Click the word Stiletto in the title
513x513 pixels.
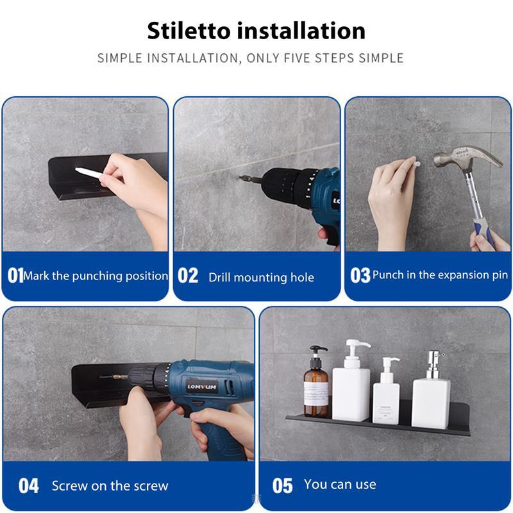(x=189, y=31)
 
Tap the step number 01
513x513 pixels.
(x=15, y=275)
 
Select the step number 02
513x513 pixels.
(x=188, y=275)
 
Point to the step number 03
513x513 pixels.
(x=360, y=275)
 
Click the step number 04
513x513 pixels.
(x=28, y=485)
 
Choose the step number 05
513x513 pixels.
(x=282, y=485)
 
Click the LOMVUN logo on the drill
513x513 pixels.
(x=202, y=387)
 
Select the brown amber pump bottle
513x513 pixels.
(x=315, y=382)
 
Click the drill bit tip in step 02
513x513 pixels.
(x=241, y=178)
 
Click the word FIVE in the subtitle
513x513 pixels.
(x=296, y=58)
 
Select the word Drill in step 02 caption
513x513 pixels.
(x=219, y=277)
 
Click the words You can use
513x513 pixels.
(x=340, y=484)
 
